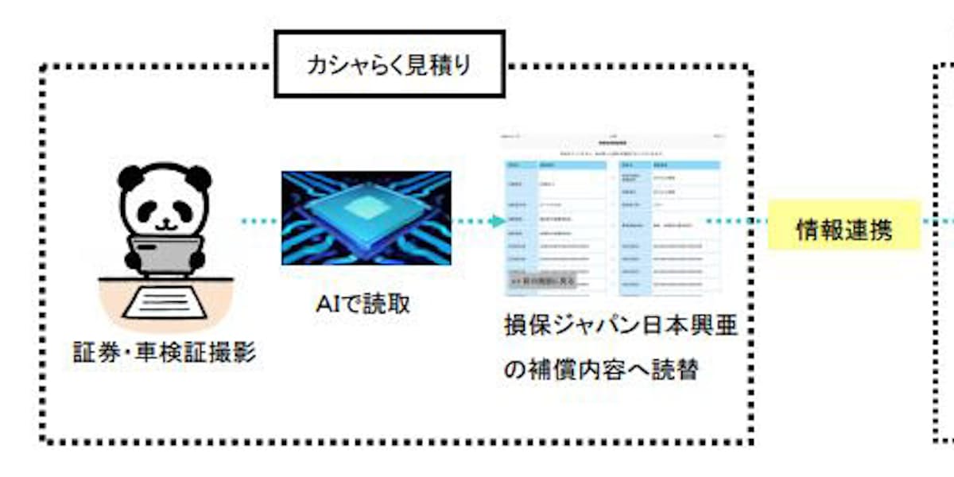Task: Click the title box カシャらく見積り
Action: click(389, 65)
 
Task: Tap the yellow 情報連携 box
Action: click(843, 229)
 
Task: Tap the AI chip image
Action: click(366, 217)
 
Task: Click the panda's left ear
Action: click(130, 177)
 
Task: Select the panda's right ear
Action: click(200, 177)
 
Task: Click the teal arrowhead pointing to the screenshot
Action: click(497, 221)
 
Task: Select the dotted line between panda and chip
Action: click(261, 221)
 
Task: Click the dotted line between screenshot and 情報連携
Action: click(735, 221)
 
